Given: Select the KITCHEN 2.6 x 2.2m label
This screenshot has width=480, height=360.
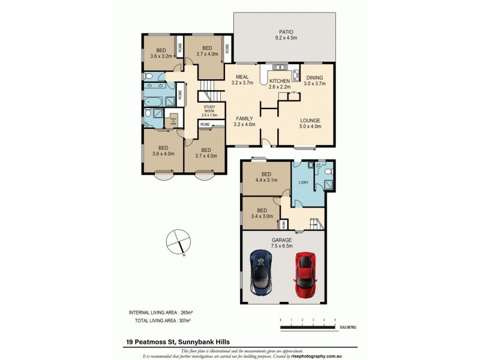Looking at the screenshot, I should tap(280, 83).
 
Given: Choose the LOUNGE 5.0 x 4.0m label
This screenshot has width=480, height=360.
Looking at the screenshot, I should tap(310, 122).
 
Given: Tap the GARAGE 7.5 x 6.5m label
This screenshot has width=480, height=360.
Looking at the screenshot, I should tap(281, 243).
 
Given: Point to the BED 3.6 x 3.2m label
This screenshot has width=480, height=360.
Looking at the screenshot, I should tap(161, 53).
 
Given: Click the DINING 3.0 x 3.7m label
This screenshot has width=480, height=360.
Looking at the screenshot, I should tap(314, 81).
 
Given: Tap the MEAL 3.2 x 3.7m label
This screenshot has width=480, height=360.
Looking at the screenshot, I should tap(242, 80).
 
